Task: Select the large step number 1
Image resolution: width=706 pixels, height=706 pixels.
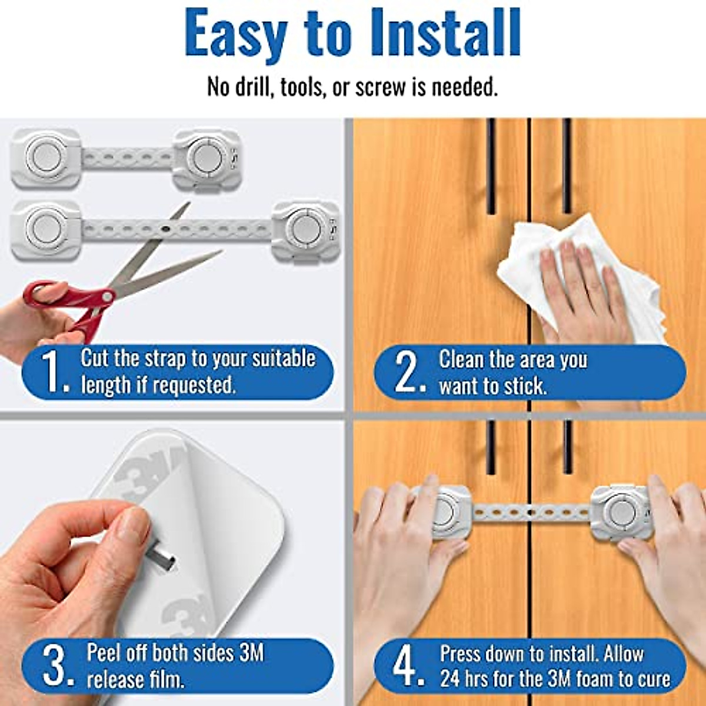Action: (x=53, y=372)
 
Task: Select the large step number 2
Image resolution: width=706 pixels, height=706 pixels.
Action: (x=407, y=372)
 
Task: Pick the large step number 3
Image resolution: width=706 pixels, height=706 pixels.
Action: (x=56, y=665)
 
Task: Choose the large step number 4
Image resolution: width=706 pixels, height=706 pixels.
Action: (x=406, y=665)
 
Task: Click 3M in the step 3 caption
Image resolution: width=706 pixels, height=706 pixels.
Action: (x=252, y=652)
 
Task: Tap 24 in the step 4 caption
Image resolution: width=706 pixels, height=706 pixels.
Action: (x=450, y=678)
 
